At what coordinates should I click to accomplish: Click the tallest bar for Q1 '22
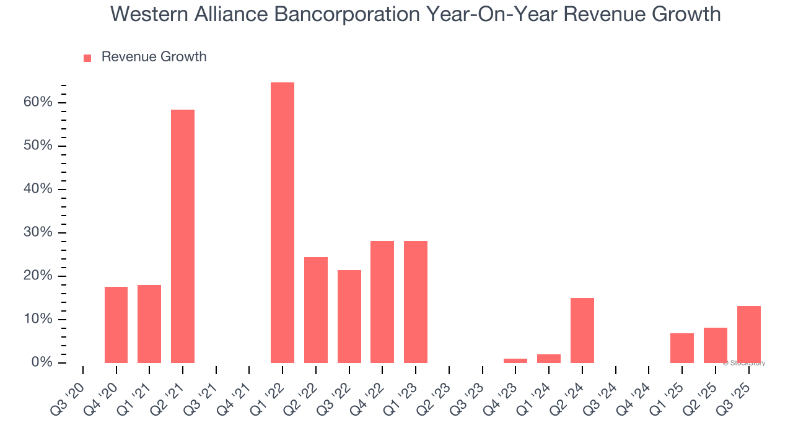[x=283, y=222]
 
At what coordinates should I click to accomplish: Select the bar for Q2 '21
[x=183, y=236]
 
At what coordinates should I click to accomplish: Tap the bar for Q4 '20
[x=116, y=325]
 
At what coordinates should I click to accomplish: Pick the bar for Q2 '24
[x=582, y=330]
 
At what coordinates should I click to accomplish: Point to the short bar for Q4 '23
[x=515, y=361]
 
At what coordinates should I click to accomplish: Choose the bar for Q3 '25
[x=748, y=334]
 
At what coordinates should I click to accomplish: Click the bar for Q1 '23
[x=416, y=302]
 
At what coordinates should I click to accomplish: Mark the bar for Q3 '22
[x=349, y=316]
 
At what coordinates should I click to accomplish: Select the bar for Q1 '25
[x=682, y=348]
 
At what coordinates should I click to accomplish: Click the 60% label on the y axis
[x=38, y=102]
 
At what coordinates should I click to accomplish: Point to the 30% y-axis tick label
[x=38, y=233]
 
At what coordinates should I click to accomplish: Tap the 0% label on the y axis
[x=42, y=362]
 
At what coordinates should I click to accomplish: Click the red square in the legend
[x=87, y=58]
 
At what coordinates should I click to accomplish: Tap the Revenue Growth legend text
[x=154, y=57]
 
